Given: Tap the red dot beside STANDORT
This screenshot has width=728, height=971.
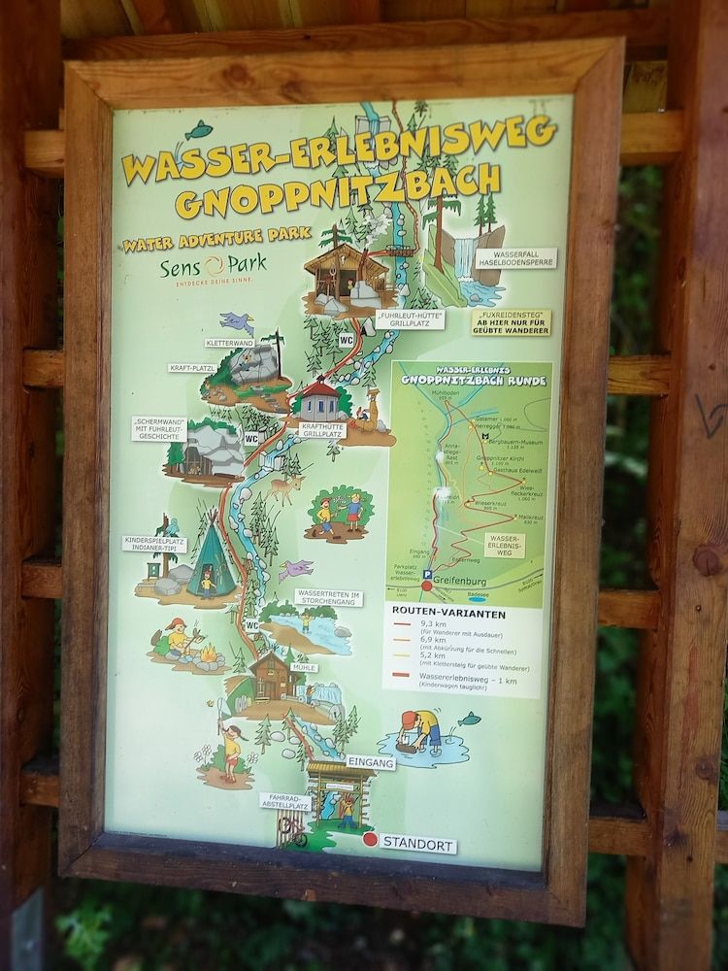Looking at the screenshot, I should [x=370, y=839].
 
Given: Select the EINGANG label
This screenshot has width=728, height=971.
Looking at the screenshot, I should [x=370, y=763].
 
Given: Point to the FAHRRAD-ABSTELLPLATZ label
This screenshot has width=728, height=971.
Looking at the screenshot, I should [x=285, y=802].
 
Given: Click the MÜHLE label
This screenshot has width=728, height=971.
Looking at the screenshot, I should [x=304, y=668].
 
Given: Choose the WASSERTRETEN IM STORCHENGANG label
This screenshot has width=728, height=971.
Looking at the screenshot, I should [x=328, y=597].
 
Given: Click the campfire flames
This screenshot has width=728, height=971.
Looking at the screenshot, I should [x=208, y=654].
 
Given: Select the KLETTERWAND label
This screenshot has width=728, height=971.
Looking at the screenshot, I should [x=230, y=343].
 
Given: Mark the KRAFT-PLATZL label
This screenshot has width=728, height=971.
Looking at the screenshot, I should [x=192, y=369].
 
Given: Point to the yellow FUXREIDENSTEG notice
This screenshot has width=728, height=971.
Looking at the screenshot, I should [x=511, y=322].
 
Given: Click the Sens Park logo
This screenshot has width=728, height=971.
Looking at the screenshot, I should [x=213, y=266].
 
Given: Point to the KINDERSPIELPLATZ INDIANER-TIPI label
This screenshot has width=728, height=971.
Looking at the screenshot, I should [x=154, y=544].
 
